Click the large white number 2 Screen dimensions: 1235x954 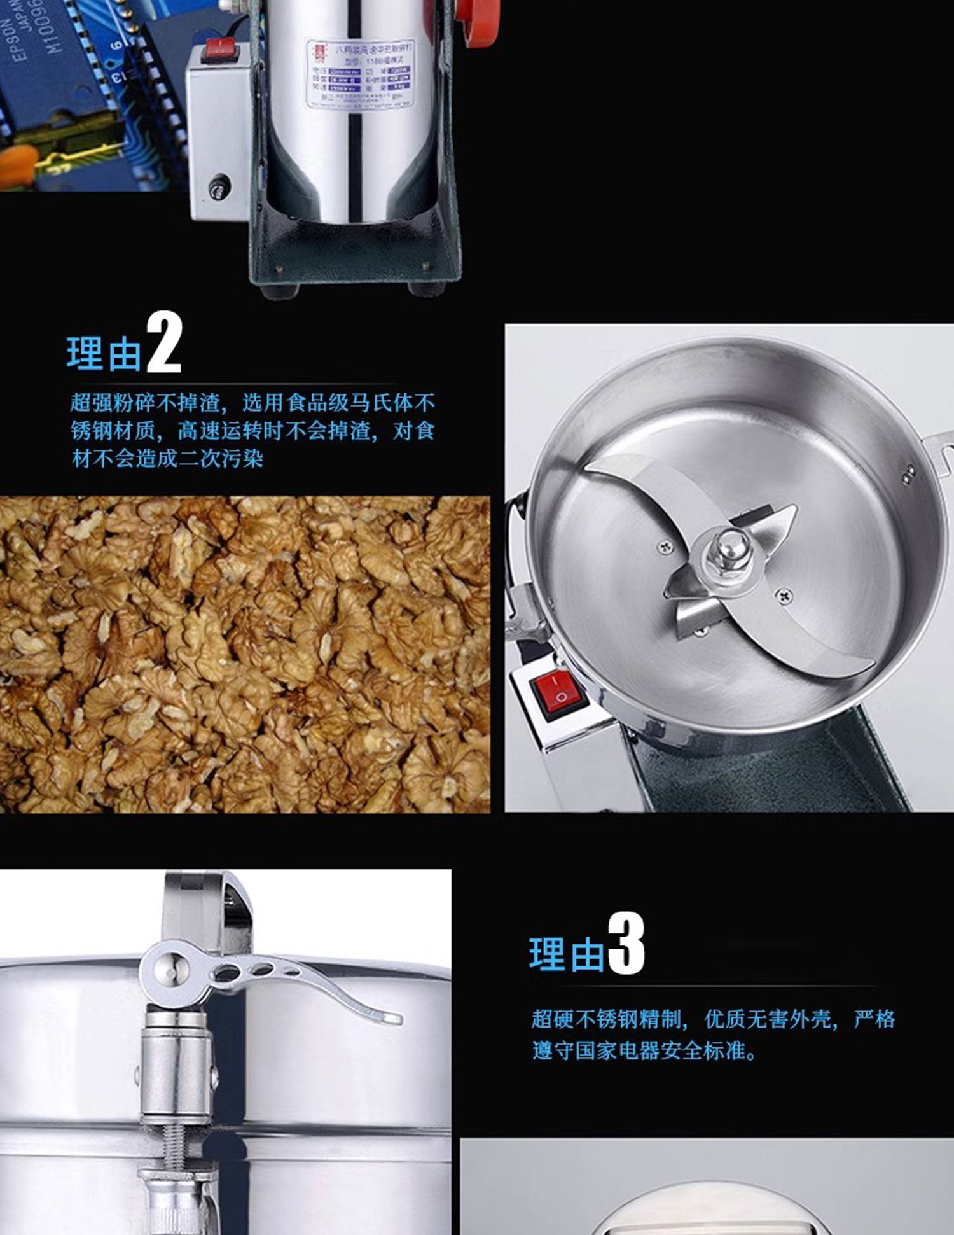tap(164, 344)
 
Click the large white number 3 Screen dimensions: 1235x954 tap(626, 944)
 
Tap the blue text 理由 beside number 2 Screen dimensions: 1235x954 tap(104, 354)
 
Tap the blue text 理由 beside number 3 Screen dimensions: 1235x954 tap(566, 954)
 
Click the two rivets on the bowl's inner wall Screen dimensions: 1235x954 tap(909, 471)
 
